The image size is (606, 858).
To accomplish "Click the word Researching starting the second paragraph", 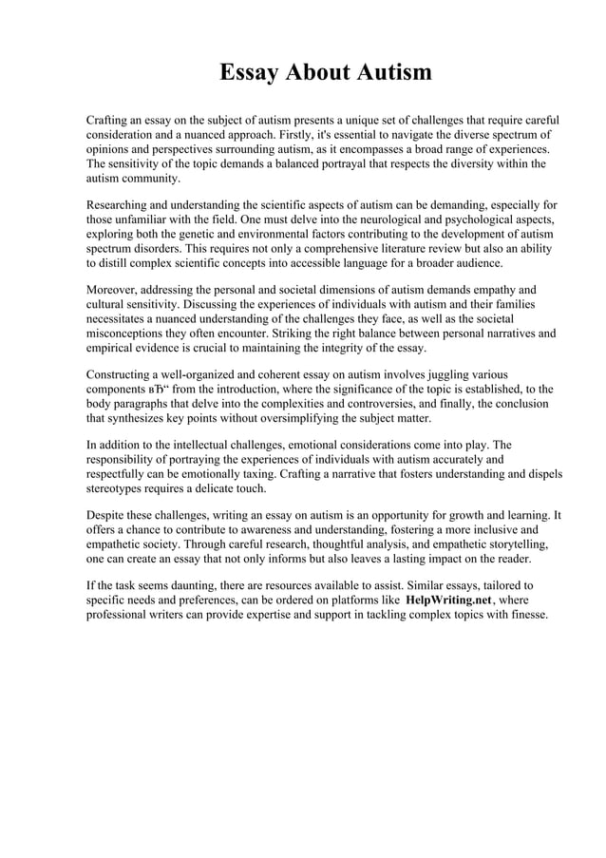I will pyautogui.click(x=123, y=205).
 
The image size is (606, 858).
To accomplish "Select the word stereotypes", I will pyautogui.click(x=118, y=487).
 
